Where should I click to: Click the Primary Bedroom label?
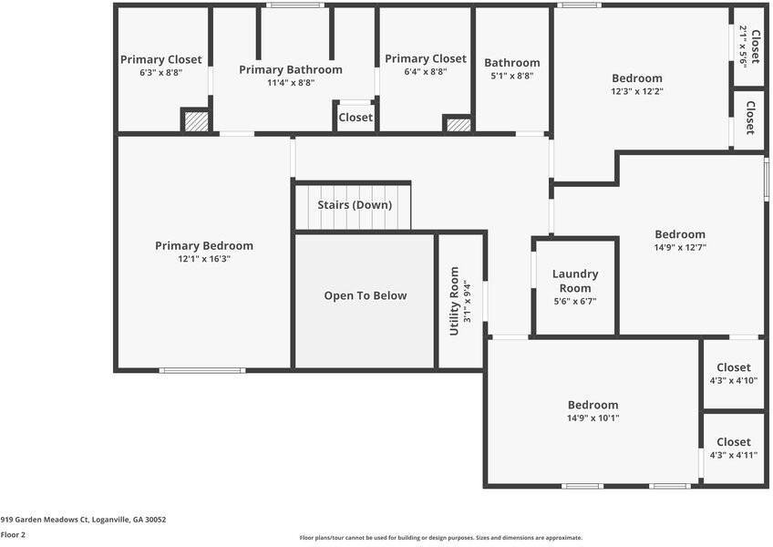(x=204, y=245)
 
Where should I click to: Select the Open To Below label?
(x=366, y=295)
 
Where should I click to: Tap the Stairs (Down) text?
(x=355, y=204)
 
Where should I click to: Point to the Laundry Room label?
(x=575, y=280)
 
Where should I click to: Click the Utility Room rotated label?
(x=454, y=301)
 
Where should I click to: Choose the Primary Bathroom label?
(x=291, y=69)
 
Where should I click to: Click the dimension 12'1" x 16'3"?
(x=204, y=259)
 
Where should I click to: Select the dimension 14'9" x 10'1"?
(x=593, y=418)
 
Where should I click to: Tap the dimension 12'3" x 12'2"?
(x=637, y=91)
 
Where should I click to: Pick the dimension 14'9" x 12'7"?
(x=680, y=247)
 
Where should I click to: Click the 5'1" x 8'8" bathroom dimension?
(x=511, y=76)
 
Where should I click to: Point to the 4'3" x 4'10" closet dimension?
(x=734, y=380)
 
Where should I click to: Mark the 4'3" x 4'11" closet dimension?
(x=734, y=455)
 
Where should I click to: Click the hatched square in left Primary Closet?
(x=196, y=122)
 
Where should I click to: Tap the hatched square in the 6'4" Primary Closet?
(x=459, y=125)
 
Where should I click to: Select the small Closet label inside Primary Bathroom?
(x=356, y=118)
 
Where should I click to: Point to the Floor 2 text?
(x=13, y=535)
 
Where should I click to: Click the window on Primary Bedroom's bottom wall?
(x=201, y=370)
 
